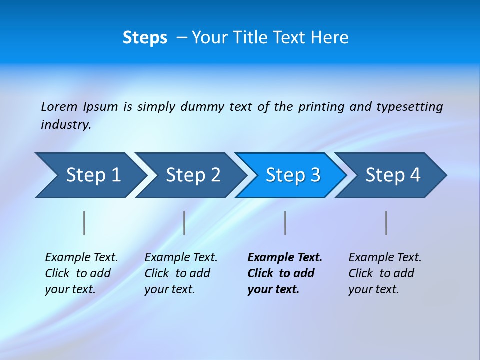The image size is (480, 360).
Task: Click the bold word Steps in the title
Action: [145, 38]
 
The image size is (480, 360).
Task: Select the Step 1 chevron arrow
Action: [90, 175]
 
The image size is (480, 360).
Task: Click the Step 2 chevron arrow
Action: [192, 175]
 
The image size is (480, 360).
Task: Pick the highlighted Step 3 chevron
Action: [292, 175]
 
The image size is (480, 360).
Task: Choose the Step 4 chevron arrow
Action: [392, 175]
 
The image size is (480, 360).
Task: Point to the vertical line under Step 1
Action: [84, 223]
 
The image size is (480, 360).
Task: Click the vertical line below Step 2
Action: [184, 223]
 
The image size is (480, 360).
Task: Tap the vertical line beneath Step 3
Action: [285, 223]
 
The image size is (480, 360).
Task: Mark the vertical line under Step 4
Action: [386, 223]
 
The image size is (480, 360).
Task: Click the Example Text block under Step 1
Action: [81, 273]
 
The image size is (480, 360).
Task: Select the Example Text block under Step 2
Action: [181, 273]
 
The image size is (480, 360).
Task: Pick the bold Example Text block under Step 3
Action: [285, 273]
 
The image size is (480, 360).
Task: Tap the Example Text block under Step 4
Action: [385, 273]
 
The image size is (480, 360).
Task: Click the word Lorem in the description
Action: [59, 106]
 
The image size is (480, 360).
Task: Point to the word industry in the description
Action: [65, 125]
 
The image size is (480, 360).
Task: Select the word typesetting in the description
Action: [409, 107]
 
